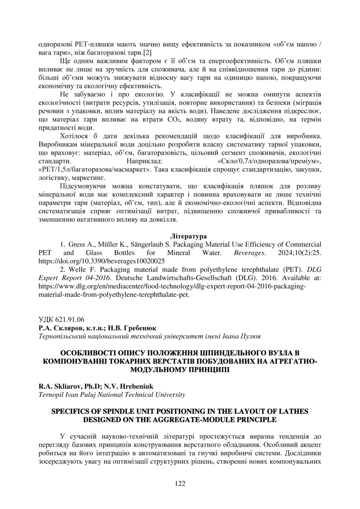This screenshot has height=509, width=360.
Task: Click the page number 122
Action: pyautogui.click(x=180, y=484)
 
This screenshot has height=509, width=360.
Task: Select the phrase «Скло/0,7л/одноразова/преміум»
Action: pyautogui.click(x=269, y=160)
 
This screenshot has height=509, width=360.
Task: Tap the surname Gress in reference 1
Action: pyautogui.click(x=77, y=245)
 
